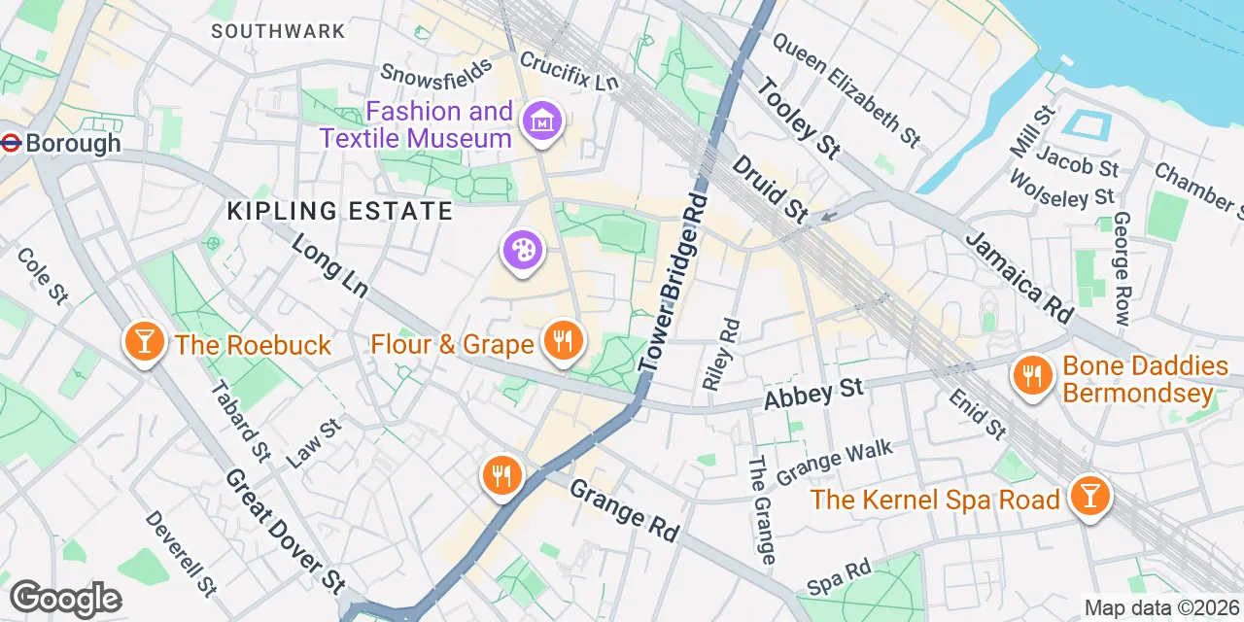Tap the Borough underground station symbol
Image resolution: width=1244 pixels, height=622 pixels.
12,143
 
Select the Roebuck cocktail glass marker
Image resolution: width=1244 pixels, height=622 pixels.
144,342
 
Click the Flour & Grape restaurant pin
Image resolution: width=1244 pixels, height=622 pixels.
561,341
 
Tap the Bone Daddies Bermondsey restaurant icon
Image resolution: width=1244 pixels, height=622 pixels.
1031,376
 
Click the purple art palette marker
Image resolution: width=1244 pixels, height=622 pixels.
523,251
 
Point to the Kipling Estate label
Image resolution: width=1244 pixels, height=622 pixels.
339,210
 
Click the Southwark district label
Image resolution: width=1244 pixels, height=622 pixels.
278,31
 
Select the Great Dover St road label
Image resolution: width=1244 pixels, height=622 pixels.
286,530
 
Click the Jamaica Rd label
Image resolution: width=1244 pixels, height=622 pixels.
1019,278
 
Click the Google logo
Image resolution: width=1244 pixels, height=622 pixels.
66,599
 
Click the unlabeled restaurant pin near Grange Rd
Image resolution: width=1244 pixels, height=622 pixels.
501,475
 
